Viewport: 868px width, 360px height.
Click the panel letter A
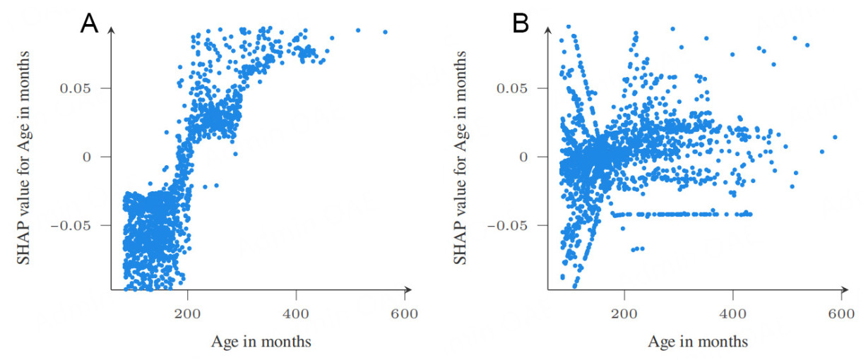pyautogui.click(x=89, y=23)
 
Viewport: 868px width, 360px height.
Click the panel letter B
pyautogui.click(x=521, y=23)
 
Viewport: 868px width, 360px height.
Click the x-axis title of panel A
pyautogui.click(x=261, y=342)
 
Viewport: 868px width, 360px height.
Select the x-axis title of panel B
pyautogui.click(x=698, y=342)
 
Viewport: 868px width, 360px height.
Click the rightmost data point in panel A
pyautogui.click(x=385, y=32)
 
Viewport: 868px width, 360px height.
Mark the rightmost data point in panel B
pyautogui.click(x=835, y=137)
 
